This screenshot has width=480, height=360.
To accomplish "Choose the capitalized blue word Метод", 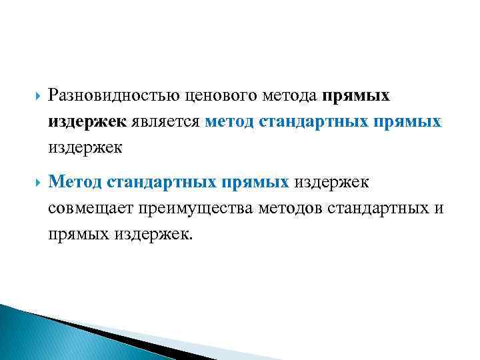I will click(75, 181).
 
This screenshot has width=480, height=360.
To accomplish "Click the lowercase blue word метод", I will click(229, 122).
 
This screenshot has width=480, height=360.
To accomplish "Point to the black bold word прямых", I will click(357, 97).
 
